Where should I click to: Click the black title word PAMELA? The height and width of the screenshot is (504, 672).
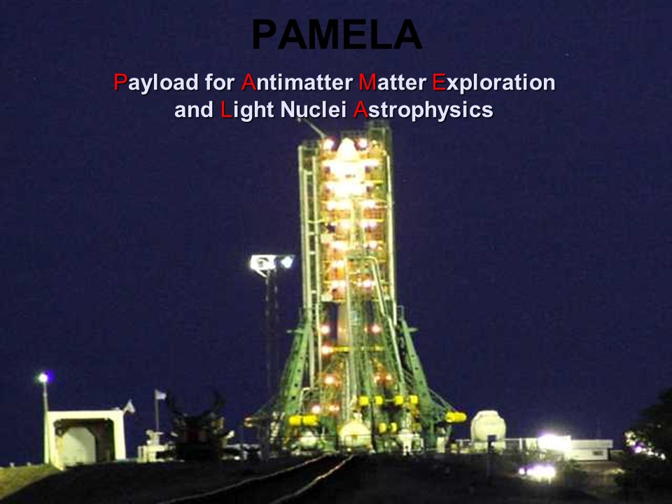coord(337,35)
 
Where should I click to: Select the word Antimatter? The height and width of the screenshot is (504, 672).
coord(297,82)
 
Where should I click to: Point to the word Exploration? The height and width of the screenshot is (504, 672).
coord(493,83)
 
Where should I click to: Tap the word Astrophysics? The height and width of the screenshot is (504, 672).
coord(423,111)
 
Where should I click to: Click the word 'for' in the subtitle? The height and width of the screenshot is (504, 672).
coord(220,82)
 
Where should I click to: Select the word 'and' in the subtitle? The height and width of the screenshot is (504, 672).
coord(194,109)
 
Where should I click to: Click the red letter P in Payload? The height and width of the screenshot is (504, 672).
coord(120,82)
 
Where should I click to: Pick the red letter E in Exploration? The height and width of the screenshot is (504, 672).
coord(439,82)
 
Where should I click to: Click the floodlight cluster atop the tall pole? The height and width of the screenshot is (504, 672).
coord(272,262)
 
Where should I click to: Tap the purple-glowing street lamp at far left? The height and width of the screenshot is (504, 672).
coord(43,377)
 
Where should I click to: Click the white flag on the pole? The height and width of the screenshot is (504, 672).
coord(160,394)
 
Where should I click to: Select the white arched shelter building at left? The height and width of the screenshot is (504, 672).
coord(85,438)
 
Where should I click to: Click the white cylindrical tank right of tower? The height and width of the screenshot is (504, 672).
coord(488,425)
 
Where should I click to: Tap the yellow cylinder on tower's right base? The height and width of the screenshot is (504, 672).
coord(455,416)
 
